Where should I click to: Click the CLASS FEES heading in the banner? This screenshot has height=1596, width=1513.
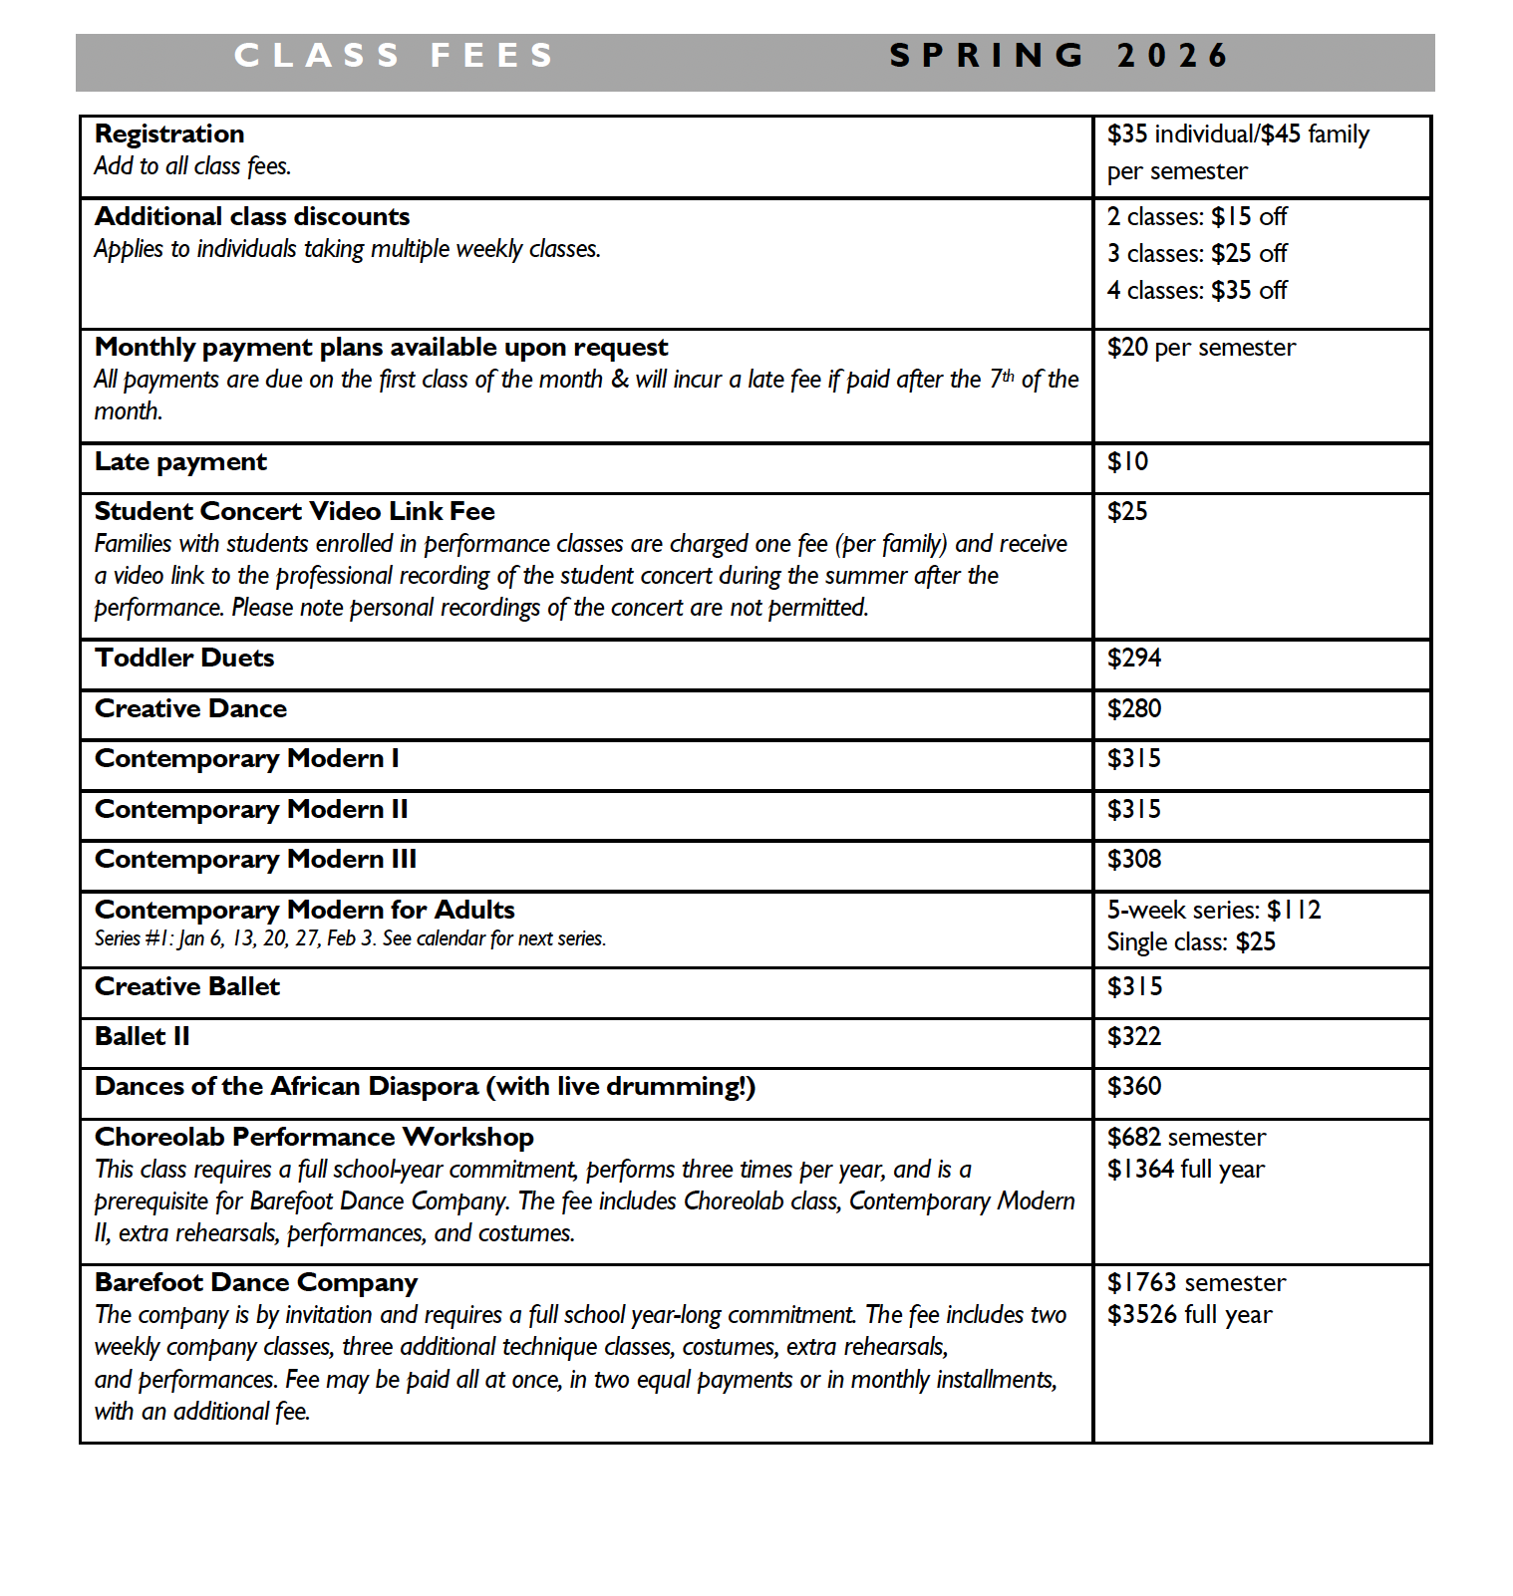coord(394,56)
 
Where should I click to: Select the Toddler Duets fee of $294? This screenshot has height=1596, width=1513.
coord(1134,659)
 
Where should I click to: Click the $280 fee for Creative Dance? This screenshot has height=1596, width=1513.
coord(1134,709)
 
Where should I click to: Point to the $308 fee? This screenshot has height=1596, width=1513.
coord(1134,860)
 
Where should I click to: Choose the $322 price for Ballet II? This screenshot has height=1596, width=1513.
coord(1134,1037)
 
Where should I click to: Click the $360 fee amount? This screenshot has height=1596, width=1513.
coord(1134,1087)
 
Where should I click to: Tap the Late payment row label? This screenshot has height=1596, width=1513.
coord(180,462)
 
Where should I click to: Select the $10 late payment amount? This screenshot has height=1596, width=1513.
coord(1127,462)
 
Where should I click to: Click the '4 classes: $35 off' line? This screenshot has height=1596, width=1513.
coord(1197,291)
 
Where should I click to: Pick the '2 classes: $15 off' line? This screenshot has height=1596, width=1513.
coord(1197,217)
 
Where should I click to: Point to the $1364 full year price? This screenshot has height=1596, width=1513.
coord(1185,1170)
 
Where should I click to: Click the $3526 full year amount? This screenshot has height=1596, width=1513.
coord(1189,1315)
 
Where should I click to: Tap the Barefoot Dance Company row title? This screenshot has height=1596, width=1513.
coord(256,1283)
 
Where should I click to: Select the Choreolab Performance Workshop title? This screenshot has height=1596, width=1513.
coord(314,1138)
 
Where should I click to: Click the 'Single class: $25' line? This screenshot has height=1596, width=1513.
coord(1191,942)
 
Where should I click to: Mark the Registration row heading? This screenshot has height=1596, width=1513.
coord(169,134)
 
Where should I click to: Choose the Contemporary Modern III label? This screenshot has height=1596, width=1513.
coord(255,860)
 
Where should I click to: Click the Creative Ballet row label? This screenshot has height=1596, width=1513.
coord(187,987)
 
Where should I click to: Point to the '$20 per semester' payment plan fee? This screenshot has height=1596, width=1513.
coord(1201,348)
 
